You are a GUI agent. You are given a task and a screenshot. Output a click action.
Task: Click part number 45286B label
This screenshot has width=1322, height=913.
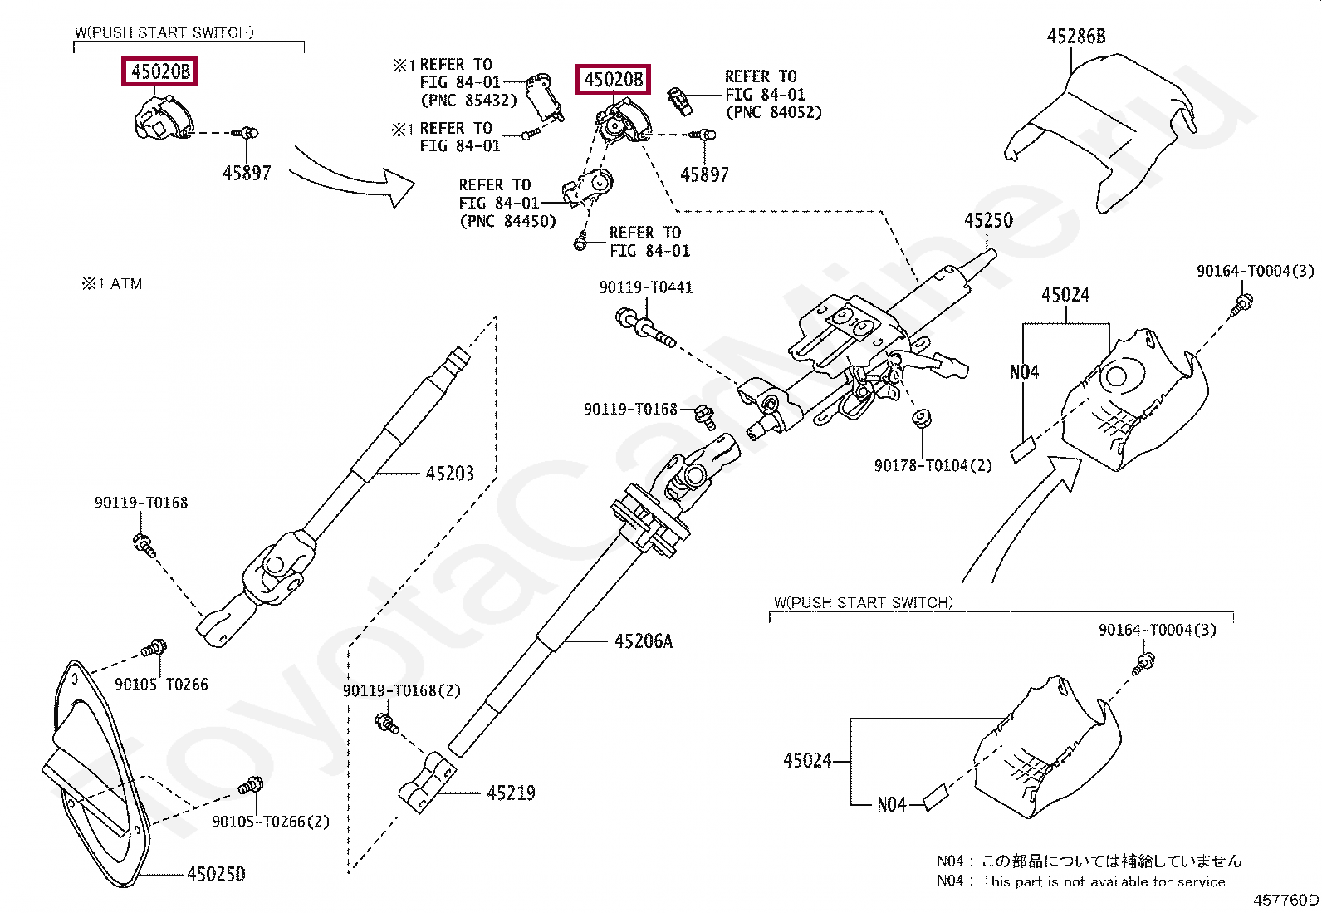(x=1076, y=37)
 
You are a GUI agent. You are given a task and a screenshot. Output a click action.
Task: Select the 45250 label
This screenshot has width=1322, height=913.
(x=988, y=221)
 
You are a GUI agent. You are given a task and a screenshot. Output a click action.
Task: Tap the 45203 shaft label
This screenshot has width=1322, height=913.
(x=449, y=474)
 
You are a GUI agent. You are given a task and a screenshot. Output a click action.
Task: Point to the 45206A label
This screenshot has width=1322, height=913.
(x=643, y=641)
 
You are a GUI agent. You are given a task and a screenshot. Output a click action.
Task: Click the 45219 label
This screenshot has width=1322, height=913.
(x=511, y=793)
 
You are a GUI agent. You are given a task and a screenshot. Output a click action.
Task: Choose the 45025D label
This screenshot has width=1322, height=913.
(x=216, y=875)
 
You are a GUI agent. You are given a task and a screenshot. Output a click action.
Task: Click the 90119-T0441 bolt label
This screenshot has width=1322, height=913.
(x=645, y=287)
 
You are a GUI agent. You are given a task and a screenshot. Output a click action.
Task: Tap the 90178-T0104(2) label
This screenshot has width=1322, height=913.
(x=933, y=466)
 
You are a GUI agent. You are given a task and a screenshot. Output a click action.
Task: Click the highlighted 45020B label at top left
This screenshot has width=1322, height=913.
(x=161, y=72)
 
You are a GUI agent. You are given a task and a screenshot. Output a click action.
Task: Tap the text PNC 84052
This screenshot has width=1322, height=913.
(x=773, y=113)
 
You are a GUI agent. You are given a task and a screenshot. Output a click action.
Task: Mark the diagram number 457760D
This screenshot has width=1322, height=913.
(x=1285, y=900)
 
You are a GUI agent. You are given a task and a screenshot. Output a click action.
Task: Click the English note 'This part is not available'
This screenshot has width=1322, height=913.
(x=1103, y=881)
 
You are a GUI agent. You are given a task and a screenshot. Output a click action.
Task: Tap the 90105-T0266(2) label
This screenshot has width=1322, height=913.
(x=270, y=822)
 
